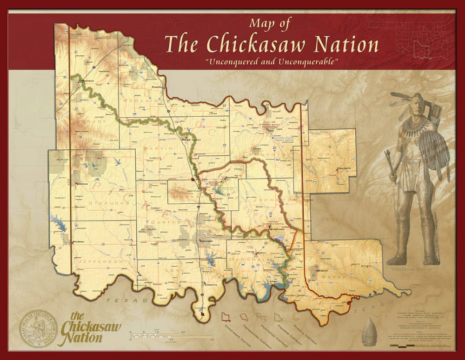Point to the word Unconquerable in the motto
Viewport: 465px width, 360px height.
pyautogui.click(x=310, y=61)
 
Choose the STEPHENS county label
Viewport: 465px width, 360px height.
pyautogui.click(x=102, y=202)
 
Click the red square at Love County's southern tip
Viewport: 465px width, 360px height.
pyautogui.click(x=202, y=315)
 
